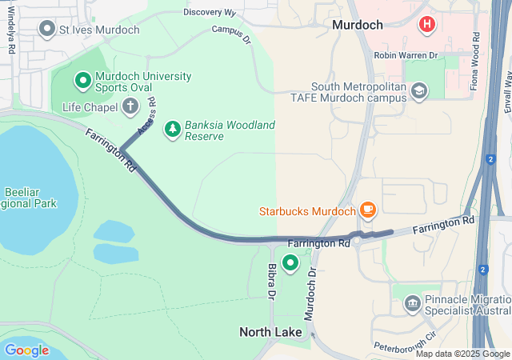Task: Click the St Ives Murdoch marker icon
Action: (47, 30)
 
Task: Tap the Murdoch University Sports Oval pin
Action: (82, 80)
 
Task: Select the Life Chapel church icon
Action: (130, 106)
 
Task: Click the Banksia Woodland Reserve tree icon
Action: (172, 129)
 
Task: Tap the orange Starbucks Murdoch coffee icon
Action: (367, 210)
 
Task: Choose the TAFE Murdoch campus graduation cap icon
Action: (418, 91)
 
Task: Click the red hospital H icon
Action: (427, 25)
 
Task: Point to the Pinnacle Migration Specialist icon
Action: (413, 303)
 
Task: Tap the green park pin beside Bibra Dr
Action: (290, 262)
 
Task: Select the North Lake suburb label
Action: (271, 331)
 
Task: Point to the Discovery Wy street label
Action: (210, 13)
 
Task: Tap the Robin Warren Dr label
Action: (406, 56)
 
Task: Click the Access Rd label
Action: (146, 116)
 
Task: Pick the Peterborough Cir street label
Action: (405, 342)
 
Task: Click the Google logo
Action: (26, 350)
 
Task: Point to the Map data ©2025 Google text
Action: (462, 354)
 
